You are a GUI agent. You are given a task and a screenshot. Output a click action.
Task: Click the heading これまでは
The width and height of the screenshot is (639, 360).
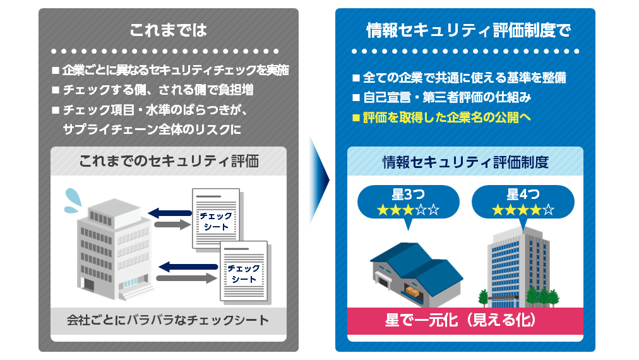click(x=168, y=30)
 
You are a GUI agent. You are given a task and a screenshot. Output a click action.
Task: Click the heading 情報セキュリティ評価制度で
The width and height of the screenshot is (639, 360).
click(x=468, y=30)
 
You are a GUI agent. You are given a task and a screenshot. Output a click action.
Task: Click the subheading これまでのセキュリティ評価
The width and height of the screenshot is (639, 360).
click(x=169, y=161)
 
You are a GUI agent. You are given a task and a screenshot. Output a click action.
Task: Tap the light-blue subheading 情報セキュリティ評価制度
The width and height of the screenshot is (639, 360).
click(x=465, y=162)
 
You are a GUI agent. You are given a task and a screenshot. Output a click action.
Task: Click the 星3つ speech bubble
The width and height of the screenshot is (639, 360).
click(x=407, y=202)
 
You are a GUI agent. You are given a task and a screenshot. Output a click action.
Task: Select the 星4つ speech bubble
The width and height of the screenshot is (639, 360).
click(x=523, y=202)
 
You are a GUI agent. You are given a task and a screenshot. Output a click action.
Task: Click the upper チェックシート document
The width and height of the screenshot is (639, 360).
click(x=216, y=218)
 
